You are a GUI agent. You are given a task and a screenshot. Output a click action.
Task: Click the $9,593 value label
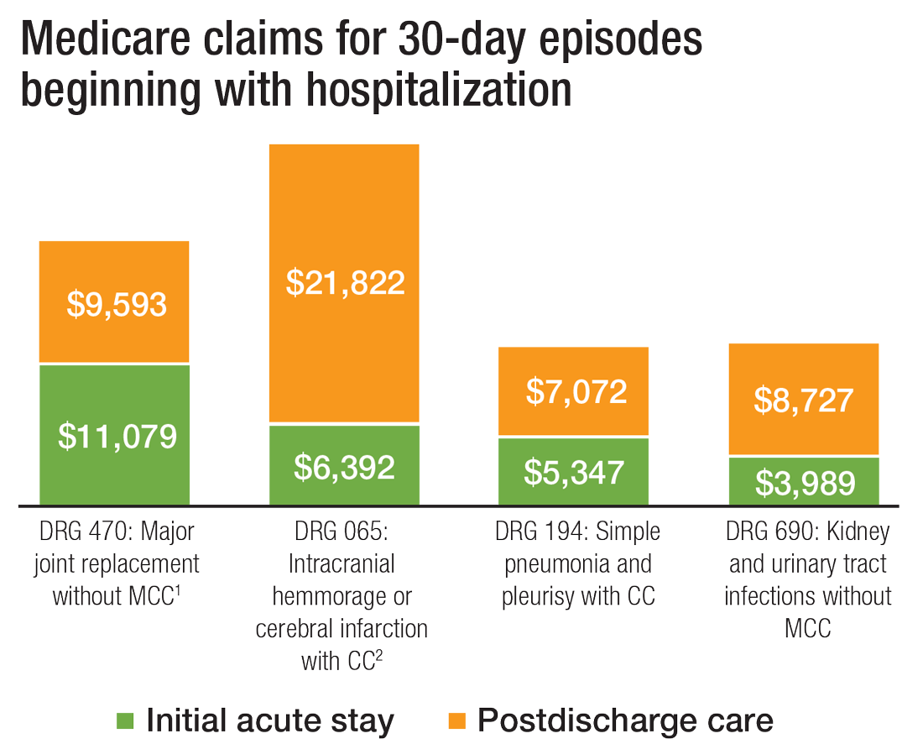click(x=117, y=305)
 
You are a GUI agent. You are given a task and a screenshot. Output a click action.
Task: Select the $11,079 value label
click(x=117, y=436)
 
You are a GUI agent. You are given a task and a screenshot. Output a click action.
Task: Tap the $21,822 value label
click(x=345, y=282)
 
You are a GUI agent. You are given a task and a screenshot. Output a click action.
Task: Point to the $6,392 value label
click(x=344, y=467)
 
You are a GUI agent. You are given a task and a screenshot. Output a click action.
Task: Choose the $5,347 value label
click(x=574, y=472)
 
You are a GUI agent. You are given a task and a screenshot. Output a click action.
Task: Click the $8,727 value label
click(x=803, y=401)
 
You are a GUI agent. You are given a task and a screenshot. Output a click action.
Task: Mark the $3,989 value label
click(x=805, y=483)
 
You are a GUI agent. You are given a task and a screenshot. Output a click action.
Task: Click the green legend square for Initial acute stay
click(x=125, y=720)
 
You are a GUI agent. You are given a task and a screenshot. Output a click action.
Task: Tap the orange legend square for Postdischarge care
click(x=457, y=720)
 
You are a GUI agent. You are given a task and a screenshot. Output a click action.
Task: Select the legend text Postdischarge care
click(x=625, y=720)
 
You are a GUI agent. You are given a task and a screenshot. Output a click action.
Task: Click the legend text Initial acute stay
click(x=269, y=720)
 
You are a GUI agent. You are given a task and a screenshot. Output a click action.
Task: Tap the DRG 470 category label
click(x=117, y=563)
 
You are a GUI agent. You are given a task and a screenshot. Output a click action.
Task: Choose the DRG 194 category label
click(x=577, y=563)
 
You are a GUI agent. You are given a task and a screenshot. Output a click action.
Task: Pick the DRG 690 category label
click(x=807, y=579)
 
